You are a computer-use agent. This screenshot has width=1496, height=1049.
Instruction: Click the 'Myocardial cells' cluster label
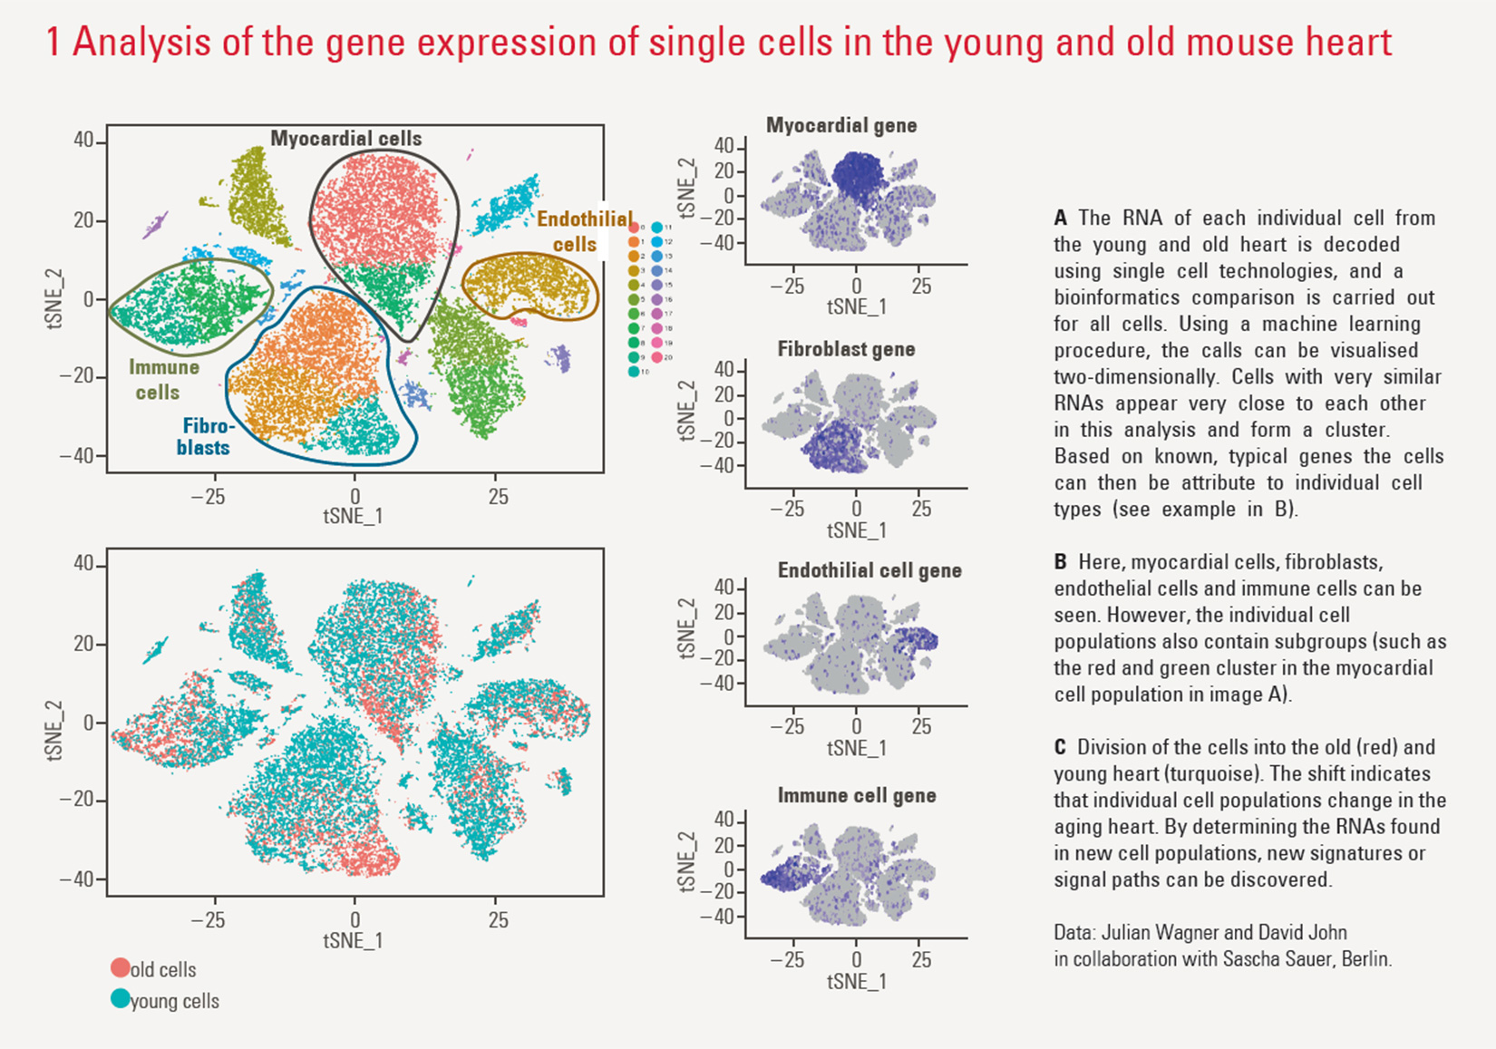345,139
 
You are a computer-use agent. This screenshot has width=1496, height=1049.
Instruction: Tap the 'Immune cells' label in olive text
163,380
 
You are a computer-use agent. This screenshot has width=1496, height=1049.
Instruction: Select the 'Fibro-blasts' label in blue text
206,436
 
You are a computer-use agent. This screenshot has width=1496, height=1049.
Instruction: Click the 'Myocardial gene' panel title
840,125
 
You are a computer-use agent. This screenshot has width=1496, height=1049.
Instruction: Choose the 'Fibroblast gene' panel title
845,349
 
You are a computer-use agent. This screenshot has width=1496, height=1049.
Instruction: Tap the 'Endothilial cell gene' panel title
869,570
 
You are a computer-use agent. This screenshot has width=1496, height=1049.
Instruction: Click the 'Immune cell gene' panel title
856,795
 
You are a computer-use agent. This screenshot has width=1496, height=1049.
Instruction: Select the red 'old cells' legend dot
120,967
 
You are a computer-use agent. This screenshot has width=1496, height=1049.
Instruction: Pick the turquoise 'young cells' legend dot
120,999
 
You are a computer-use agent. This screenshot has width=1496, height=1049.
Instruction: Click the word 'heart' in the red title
1342,43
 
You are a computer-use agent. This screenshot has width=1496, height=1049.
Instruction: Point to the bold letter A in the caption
1060,219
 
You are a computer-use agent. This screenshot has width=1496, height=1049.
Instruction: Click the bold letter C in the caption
1060,748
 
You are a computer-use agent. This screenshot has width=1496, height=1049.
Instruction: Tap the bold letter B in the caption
1060,562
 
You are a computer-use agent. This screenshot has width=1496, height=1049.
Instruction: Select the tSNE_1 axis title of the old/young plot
353,940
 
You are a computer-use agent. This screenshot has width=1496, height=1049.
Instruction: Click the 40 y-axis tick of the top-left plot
83,141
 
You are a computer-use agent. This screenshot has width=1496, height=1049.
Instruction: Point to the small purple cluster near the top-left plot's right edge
560,359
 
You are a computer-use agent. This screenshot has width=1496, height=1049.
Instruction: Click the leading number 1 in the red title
53,43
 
